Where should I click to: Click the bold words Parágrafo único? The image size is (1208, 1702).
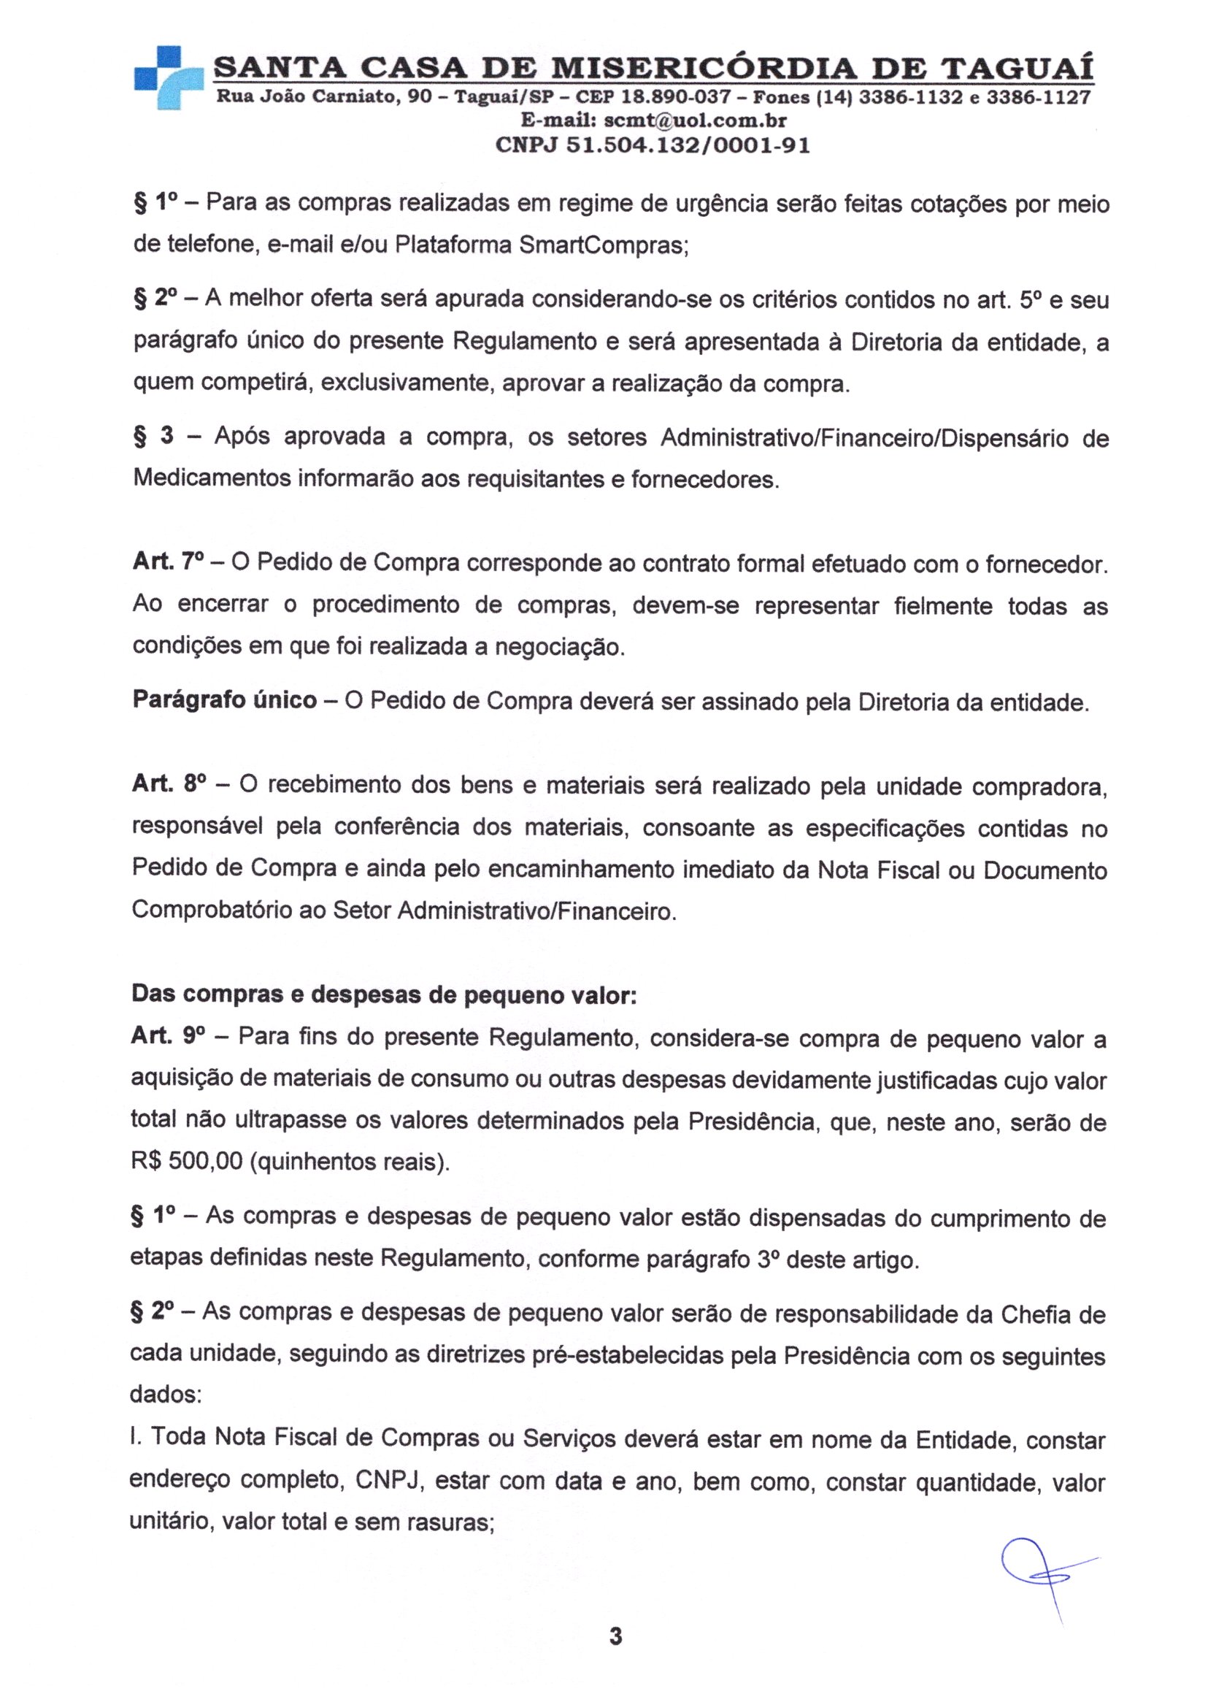225,701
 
